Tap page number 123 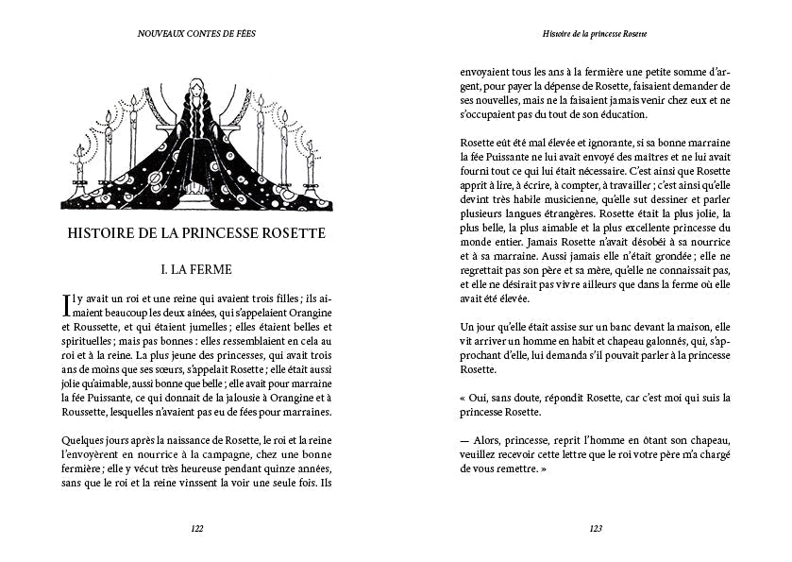[x=595, y=528]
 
